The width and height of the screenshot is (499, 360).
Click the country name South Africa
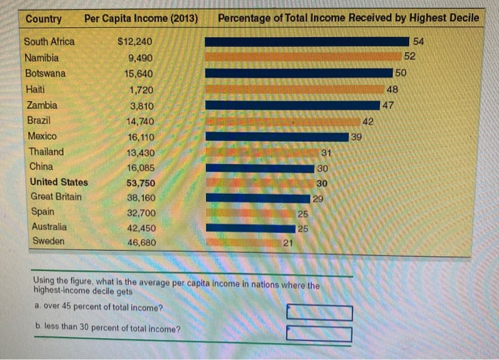(x=49, y=41)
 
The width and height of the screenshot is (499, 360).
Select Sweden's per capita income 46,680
(x=140, y=242)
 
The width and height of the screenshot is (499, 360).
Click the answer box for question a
(x=319, y=312)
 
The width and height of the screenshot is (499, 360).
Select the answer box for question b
(x=319, y=333)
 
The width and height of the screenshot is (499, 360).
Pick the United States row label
(x=59, y=182)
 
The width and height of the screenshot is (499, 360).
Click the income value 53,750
(x=140, y=182)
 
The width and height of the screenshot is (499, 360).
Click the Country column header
(x=43, y=19)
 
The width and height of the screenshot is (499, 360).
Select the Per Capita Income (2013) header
(x=140, y=19)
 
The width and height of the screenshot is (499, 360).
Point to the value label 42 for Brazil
(x=369, y=122)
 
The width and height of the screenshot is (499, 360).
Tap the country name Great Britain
(x=56, y=197)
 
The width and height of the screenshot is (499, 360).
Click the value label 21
(x=287, y=244)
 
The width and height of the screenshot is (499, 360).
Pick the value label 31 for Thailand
(x=325, y=153)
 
